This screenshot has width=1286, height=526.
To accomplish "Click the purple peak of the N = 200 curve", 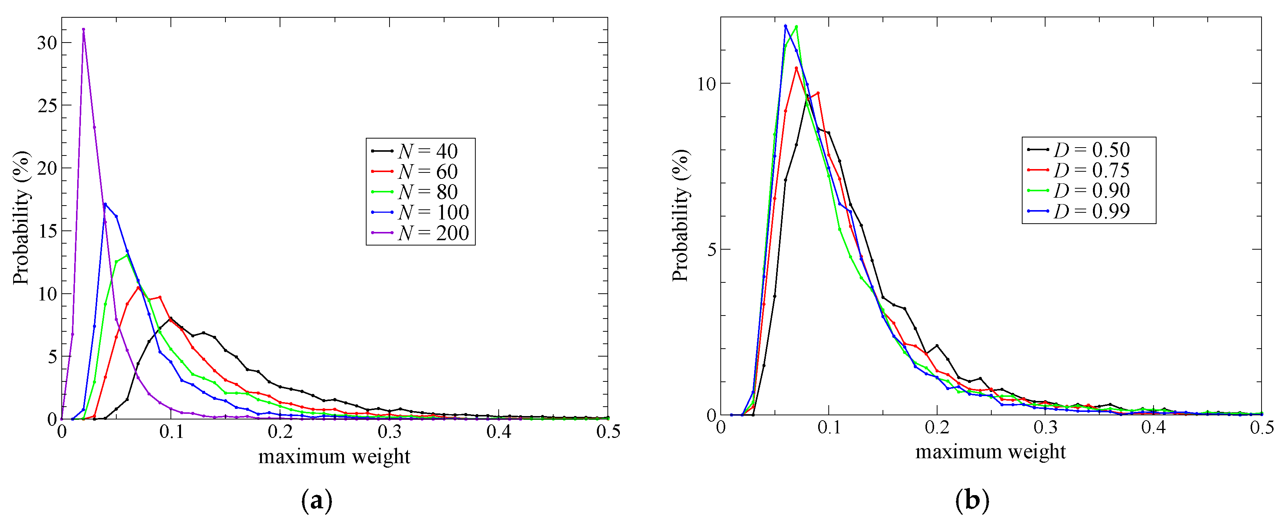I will (x=84, y=29).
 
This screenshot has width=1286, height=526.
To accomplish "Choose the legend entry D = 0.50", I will (x=1081, y=149).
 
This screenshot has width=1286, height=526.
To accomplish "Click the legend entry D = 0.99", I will (x=1081, y=211).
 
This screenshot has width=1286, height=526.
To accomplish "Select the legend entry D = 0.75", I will (x=1081, y=170).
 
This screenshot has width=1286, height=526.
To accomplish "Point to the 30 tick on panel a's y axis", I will (x=47, y=43).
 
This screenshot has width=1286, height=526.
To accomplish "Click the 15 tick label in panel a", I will (x=47, y=231).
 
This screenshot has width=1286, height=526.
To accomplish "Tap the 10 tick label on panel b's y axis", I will (x=706, y=84).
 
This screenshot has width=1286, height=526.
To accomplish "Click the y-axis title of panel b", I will (x=680, y=216).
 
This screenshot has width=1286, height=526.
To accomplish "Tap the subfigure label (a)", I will (x=317, y=500).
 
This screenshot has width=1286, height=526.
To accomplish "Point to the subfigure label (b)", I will (x=971, y=500).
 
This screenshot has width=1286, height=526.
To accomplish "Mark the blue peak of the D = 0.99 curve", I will (x=785, y=26).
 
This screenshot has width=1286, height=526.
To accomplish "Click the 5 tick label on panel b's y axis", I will (x=711, y=249).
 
